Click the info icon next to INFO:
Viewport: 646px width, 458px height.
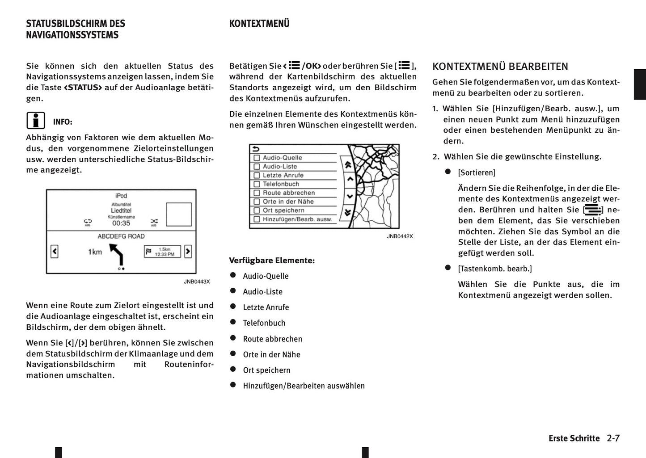36,121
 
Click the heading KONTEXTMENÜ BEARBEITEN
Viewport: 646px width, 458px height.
500,67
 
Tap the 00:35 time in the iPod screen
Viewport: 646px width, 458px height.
121,223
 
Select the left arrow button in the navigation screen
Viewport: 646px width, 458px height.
55,252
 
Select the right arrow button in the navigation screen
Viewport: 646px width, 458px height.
188,252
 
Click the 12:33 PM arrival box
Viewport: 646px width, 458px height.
162,252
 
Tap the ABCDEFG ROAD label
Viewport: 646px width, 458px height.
121,236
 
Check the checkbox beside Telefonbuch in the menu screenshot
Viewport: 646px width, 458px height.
257,184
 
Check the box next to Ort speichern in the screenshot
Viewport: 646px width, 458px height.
257,210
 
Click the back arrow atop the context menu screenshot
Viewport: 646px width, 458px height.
256,149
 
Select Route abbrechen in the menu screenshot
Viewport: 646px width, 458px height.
288,193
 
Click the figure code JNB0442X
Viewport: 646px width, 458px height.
400,236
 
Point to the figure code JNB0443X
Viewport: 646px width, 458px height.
197,282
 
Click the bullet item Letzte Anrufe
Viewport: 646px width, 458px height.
266,307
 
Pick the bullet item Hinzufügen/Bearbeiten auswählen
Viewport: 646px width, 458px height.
304,386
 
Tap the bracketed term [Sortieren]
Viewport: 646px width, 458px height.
477,173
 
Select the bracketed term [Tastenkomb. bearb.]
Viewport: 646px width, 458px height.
495,269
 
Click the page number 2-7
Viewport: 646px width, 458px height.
613,438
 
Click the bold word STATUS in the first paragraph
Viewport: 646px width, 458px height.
83,88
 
